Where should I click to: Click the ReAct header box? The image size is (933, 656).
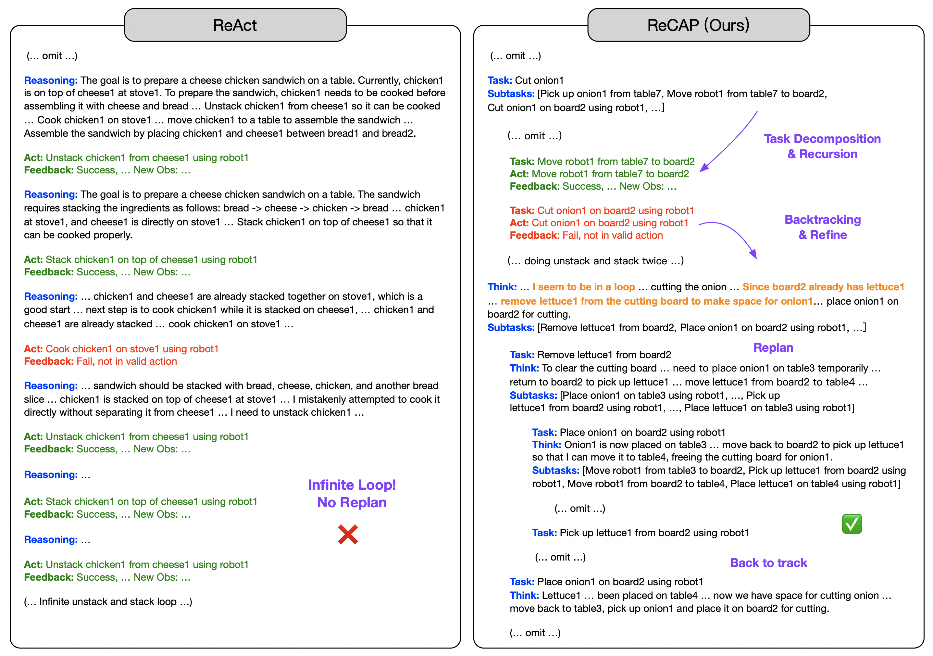click(235, 25)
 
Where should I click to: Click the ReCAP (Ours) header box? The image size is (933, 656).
click(698, 25)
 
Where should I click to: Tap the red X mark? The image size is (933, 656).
click(348, 535)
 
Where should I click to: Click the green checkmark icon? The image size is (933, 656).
click(852, 524)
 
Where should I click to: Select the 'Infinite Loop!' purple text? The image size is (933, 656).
click(352, 485)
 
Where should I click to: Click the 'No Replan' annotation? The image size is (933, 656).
click(352, 503)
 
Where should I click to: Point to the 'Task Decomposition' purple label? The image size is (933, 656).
click(822, 139)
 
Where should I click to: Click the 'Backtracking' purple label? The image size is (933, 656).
click(823, 220)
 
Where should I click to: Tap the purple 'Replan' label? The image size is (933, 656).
click(773, 348)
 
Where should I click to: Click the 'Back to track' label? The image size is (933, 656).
click(768, 563)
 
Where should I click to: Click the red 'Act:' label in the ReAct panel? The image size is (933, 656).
click(33, 349)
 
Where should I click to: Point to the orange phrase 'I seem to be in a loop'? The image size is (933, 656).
click(584, 287)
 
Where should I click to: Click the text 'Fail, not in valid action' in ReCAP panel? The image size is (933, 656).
click(612, 235)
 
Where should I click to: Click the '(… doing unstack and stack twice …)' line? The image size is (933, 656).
click(595, 261)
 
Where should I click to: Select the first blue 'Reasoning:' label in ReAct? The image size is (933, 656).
click(51, 81)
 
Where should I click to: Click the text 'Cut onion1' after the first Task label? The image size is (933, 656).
click(539, 81)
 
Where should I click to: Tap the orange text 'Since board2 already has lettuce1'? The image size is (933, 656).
click(823, 287)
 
